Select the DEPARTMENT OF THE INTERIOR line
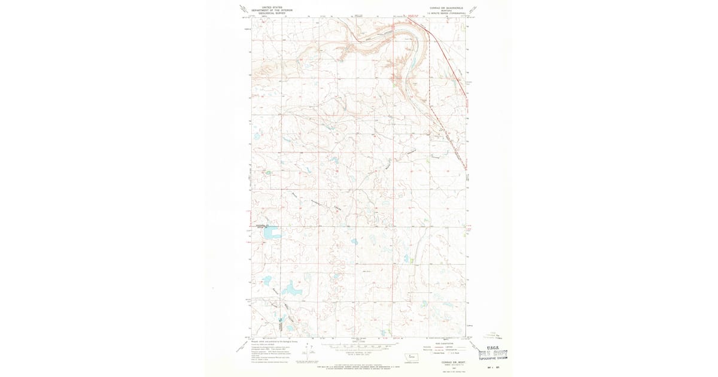point(267,10)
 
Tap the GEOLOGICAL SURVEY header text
point(267,13)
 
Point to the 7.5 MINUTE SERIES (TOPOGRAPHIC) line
point(447,13)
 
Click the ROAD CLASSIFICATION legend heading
point(444,342)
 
